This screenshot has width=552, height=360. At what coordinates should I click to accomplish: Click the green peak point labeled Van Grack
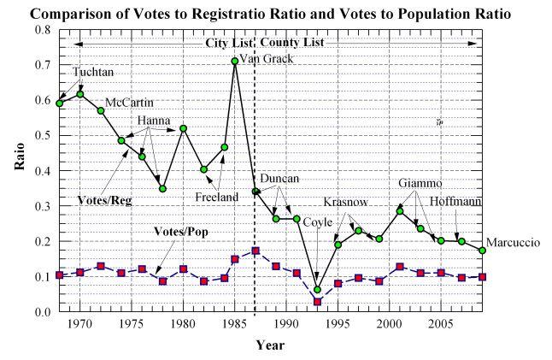pyautogui.click(x=235, y=61)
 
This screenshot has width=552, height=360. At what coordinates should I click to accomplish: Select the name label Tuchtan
pyautogui.click(x=92, y=73)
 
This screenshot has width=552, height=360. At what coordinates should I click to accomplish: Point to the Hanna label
pyautogui.click(x=154, y=121)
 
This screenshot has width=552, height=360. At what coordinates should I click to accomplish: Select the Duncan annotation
pyautogui.click(x=279, y=179)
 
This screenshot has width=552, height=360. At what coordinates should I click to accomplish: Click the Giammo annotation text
pyautogui.click(x=421, y=183)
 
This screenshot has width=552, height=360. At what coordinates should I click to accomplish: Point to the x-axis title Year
pyautogui.click(x=269, y=345)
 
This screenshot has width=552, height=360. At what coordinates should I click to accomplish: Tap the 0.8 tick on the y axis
pyautogui.click(x=42, y=30)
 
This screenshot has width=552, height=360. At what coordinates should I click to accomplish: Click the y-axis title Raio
pyautogui.click(x=17, y=170)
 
